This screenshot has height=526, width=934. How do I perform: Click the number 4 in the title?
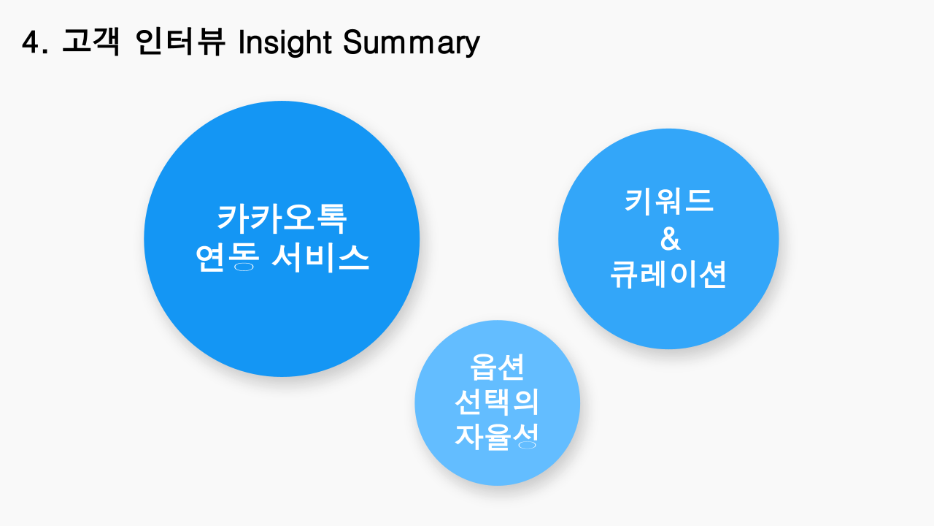[x=31, y=42]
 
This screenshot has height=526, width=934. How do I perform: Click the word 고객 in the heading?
[x=91, y=42]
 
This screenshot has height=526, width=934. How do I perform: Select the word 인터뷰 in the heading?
[x=180, y=42]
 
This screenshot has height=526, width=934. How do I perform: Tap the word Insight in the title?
[x=285, y=42]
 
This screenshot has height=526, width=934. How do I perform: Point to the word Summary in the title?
[x=412, y=43]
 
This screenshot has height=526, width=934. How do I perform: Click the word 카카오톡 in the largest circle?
[x=282, y=218]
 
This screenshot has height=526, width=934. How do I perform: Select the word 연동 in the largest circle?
[x=227, y=258]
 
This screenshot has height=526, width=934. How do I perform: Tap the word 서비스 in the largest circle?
[x=320, y=258]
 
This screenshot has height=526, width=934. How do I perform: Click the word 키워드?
[x=669, y=202]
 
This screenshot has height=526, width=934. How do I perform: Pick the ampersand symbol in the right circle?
[x=670, y=238]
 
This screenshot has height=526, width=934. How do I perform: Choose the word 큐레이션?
[x=668, y=274]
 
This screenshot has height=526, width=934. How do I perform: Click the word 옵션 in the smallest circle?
[x=497, y=367]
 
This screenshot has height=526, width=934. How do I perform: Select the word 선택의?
[x=497, y=402]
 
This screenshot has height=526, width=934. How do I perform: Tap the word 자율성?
[x=496, y=437]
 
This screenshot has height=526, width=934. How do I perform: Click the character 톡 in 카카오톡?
[x=331, y=218]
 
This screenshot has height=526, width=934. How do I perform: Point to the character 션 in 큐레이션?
[x=713, y=274]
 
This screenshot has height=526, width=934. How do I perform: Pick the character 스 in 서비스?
[x=354, y=258]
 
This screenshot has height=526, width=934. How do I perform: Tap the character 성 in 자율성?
[x=525, y=437]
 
